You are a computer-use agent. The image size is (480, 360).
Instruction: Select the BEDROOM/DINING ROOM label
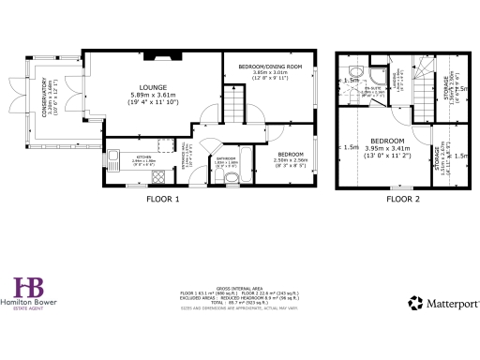pos(269,67)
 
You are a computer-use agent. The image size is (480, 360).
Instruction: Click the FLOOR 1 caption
pos(163,199)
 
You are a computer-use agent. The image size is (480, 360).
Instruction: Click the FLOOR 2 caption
pos(403,199)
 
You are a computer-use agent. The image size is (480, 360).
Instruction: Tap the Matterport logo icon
pos(414,303)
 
